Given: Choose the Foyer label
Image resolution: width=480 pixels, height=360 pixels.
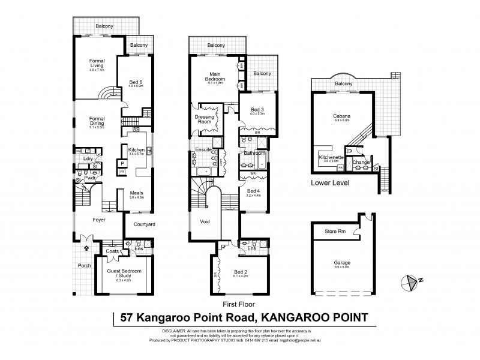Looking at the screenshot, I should [100, 220].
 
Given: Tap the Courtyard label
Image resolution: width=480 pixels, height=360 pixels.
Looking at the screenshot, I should [143, 224].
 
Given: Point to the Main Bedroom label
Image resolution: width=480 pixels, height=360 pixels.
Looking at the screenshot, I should [215, 77].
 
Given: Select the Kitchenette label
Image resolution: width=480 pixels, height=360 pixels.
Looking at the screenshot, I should [331, 158].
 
